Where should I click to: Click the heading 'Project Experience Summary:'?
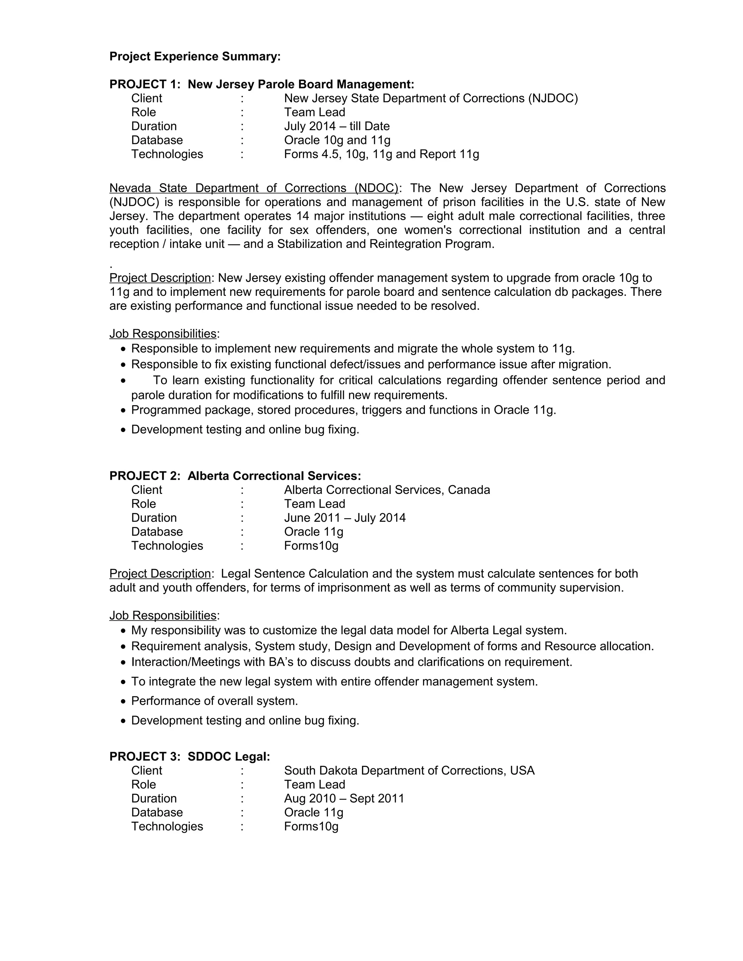[194, 57]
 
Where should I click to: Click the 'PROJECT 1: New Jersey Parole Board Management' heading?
[262, 84]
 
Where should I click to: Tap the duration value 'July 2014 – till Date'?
[337, 126]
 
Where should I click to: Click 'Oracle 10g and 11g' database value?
[337, 140]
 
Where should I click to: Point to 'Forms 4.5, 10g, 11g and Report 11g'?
[381, 154]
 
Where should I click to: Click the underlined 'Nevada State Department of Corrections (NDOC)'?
[254, 188]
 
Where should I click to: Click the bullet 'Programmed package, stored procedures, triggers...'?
[343, 410]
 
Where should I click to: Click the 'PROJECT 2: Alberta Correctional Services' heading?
[235, 476]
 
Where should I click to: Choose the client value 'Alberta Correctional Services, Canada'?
[387, 490]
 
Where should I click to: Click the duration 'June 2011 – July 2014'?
[345, 518]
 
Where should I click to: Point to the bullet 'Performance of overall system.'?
[214, 701]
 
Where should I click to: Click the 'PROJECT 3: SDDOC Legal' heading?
[190, 757]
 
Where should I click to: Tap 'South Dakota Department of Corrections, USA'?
[409, 771]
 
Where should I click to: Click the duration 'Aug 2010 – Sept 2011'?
[344, 799]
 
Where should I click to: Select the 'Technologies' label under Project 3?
[167, 826]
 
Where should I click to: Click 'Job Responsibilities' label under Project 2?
[163, 616]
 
